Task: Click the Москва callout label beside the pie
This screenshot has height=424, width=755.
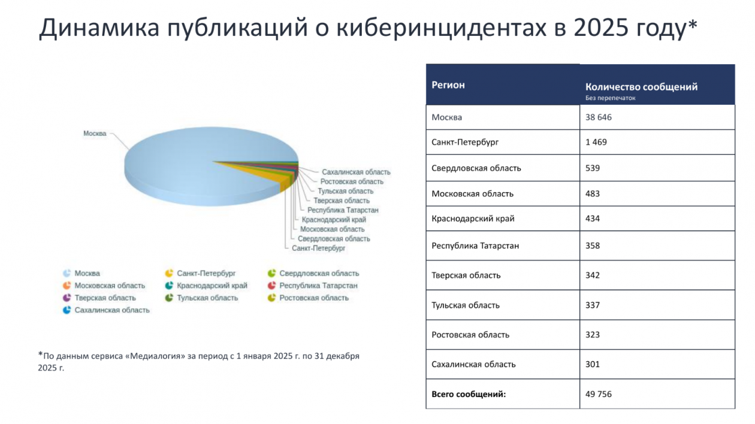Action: click(x=95, y=134)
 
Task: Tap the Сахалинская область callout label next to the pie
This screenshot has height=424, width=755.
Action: click(x=356, y=172)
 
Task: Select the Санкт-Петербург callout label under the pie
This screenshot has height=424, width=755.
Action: click(x=319, y=247)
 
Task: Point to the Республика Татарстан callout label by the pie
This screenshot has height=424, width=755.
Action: click(x=343, y=210)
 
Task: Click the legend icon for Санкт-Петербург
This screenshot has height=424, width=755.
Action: click(x=170, y=273)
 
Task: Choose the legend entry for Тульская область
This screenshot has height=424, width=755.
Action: click(x=207, y=298)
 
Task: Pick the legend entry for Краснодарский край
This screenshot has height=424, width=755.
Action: click(x=212, y=286)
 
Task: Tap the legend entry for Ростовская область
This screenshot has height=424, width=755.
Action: click(x=313, y=298)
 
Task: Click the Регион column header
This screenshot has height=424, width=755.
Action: click(x=448, y=85)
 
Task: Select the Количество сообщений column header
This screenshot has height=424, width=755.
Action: click(x=641, y=87)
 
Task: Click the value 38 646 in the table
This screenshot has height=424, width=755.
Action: click(x=599, y=117)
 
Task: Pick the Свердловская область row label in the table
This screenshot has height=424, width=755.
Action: click(x=476, y=168)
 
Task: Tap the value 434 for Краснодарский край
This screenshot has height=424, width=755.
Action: click(x=593, y=219)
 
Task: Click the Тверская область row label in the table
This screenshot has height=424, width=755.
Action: click(x=466, y=275)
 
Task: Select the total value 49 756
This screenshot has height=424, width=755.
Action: click(x=599, y=394)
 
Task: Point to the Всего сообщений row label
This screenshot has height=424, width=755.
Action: click(x=469, y=394)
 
